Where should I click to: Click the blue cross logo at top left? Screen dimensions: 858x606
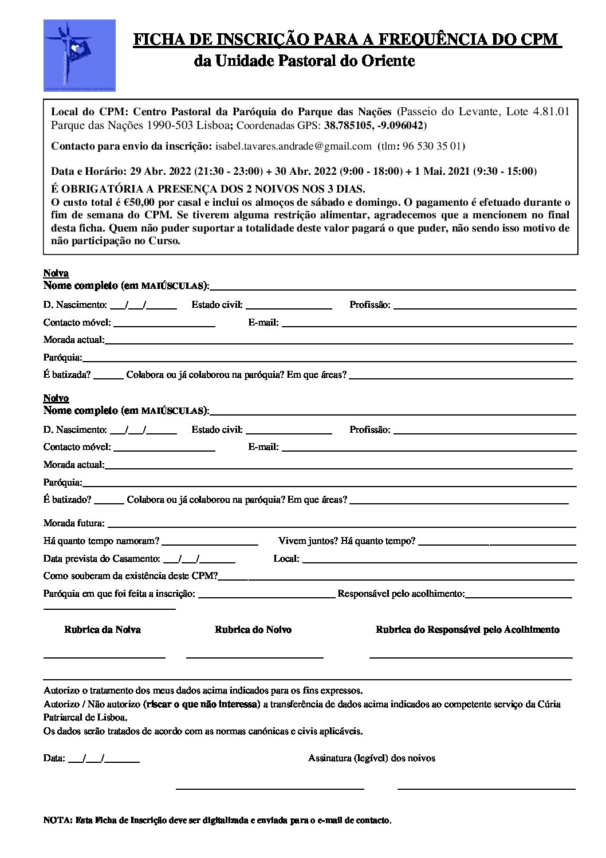pyautogui.click(x=79, y=54)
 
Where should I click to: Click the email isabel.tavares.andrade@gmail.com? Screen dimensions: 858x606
pyautogui.click(x=293, y=146)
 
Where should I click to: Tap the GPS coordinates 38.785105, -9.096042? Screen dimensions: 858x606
pyautogui.click(x=373, y=126)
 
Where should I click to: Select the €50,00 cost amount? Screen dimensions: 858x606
pyautogui.click(x=139, y=202)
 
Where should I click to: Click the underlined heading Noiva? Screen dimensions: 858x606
pyautogui.click(x=56, y=273)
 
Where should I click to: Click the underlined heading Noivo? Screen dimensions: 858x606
pyautogui.click(x=56, y=398)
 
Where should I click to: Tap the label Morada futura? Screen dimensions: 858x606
pyautogui.click(x=74, y=523)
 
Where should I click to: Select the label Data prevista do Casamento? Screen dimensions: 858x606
pyautogui.click(x=101, y=559)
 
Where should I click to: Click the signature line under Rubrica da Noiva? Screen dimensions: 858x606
pyautogui.click(x=104, y=656)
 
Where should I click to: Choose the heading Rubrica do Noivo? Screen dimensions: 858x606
pyautogui.click(x=253, y=630)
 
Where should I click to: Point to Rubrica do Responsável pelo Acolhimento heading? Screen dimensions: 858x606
pyautogui.click(x=467, y=630)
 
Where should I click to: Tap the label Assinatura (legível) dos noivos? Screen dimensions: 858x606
pyautogui.click(x=371, y=758)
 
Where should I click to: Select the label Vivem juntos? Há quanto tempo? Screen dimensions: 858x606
pyautogui.click(x=347, y=541)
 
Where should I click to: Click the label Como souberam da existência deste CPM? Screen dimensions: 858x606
pyautogui.click(x=131, y=576)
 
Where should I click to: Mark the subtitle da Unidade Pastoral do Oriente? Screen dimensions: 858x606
pyautogui.click(x=304, y=60)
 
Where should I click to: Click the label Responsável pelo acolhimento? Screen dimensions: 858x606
pyautogui.click(x=401, y=594)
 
